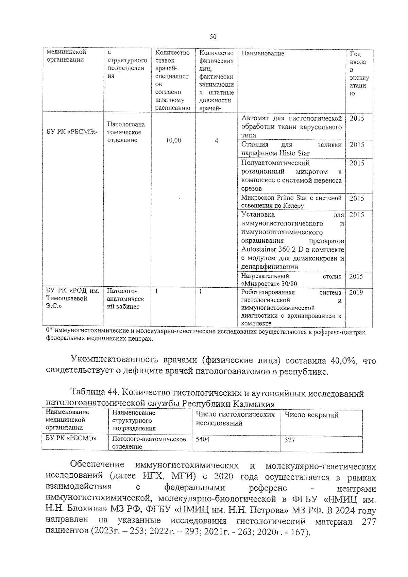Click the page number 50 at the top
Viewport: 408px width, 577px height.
click(213, 37)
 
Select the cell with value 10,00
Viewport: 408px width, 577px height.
click(173, 140)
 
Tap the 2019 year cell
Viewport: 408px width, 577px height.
click(356, 292)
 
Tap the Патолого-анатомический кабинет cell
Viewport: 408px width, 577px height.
click(125, 299)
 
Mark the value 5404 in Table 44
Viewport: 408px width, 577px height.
click(202, 439)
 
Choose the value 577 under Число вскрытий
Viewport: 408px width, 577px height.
click(290, 440)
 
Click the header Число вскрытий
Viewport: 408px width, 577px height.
click(311, 415)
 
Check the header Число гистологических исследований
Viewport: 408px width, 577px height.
click(235, 419)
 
